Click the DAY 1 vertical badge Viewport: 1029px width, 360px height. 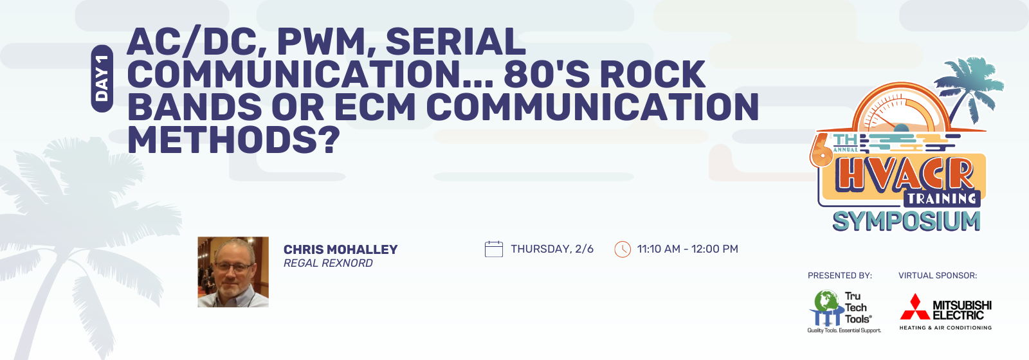click(102, 78)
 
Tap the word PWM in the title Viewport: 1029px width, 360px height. click(320, 42)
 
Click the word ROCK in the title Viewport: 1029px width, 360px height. click(652, 74)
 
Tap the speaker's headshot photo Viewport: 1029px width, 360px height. click(233, 272)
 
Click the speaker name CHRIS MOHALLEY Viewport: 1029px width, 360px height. click(340, 249)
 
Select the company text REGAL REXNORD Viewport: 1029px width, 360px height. click(328, 263)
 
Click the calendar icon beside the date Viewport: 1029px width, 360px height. click(494, 249)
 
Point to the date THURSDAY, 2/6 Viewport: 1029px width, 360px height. click(552, 249)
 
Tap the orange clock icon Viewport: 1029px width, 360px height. click(623, 249)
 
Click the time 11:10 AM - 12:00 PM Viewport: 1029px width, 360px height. click(688, 249)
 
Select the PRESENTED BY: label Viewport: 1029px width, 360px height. click(840, 276)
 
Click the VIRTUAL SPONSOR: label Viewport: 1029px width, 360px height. click(938, 276)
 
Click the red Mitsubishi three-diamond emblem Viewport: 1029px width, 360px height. click(915, 307)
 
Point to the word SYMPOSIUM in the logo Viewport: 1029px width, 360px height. click(906, 221)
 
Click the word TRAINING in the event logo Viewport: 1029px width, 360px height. click(942, 199)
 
